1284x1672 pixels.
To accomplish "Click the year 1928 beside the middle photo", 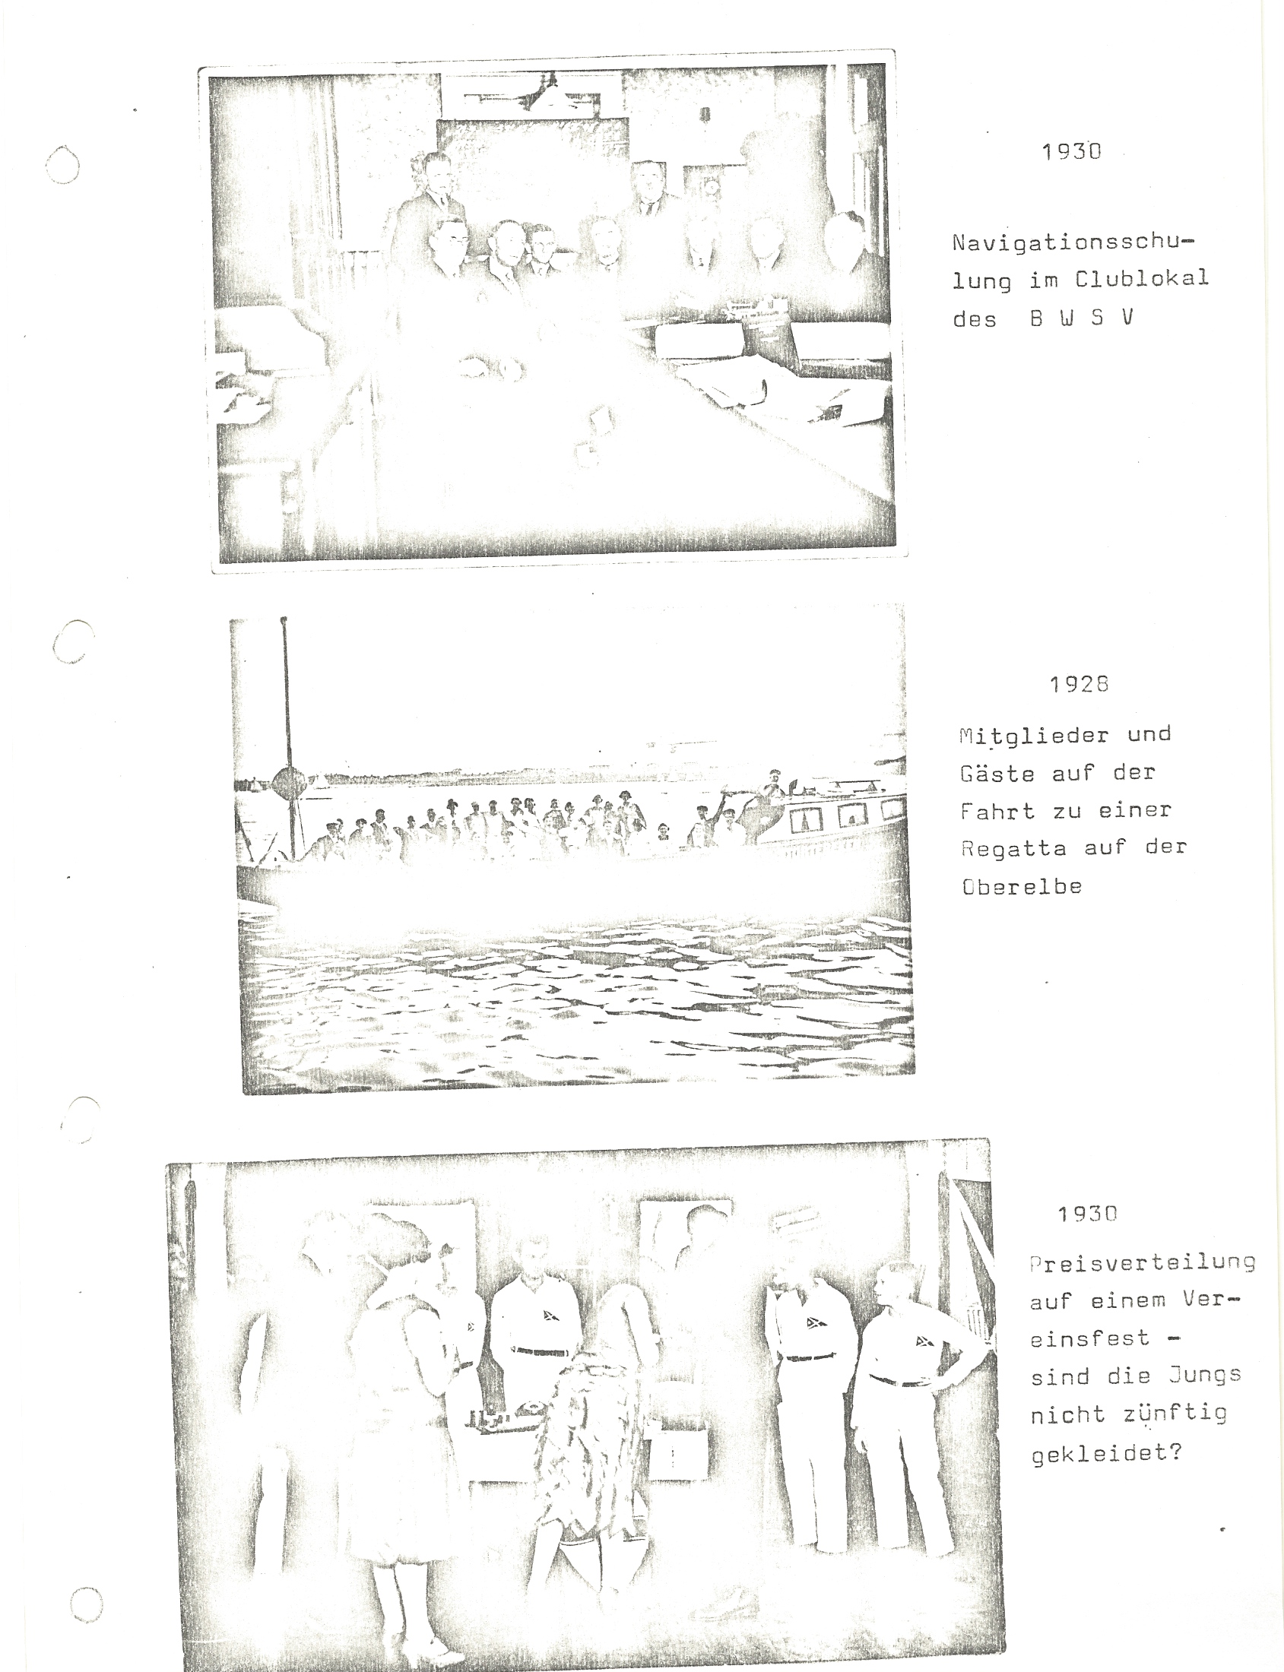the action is (x=1079, y=684).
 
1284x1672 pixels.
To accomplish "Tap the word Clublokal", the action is (x=1142, y=279).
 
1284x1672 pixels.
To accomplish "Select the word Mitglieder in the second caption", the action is (x=1033, y=736).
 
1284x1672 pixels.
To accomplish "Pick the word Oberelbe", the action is (x=1022, y=886).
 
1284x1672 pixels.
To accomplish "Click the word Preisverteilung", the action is (x=1143, y=1262).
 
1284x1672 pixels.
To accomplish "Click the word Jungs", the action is (x=1203, y=1376).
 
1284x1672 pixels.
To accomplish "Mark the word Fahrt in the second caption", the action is (x=997, y=810).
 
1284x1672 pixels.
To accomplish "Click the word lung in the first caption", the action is (x=981, y=281).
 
